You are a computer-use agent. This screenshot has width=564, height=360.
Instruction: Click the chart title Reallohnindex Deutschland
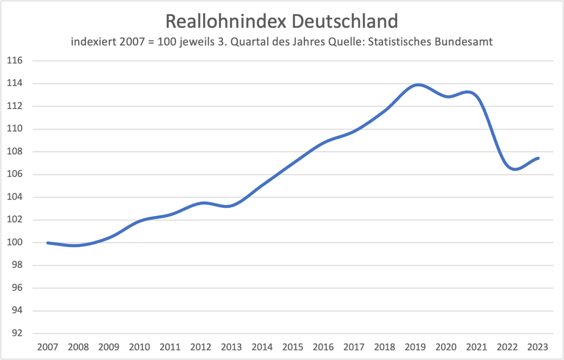click(282, 21)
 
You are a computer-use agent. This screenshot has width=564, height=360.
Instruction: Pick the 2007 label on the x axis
click(47, 347)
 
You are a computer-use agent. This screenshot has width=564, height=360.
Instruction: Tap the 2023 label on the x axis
click(538, 347)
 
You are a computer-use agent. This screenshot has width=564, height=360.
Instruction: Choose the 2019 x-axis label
click(415, 347)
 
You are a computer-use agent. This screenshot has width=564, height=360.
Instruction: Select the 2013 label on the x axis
click(231, 347)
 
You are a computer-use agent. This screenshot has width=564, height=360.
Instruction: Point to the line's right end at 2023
click(538, 158)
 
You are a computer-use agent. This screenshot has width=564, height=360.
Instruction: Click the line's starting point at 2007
click(48, 243)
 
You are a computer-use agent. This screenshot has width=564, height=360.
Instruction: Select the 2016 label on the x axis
click(323, 347)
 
